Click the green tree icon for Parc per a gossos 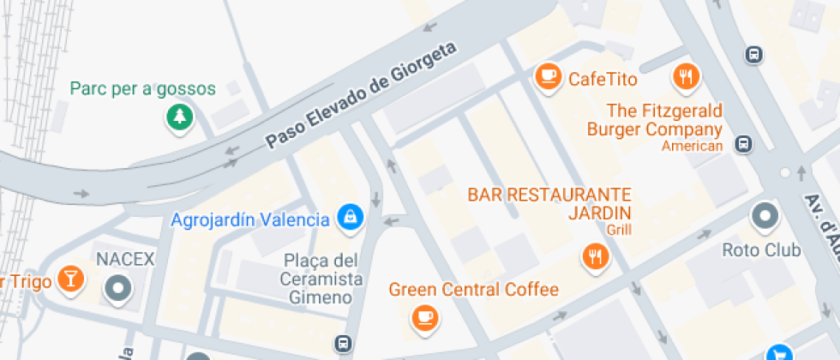179,117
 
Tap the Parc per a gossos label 142,88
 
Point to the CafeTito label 603,80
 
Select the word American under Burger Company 692,146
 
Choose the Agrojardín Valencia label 250,219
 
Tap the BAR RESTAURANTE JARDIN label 549,203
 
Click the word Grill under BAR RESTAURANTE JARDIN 618,230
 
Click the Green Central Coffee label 473,290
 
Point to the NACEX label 124,259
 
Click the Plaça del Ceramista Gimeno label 321,279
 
